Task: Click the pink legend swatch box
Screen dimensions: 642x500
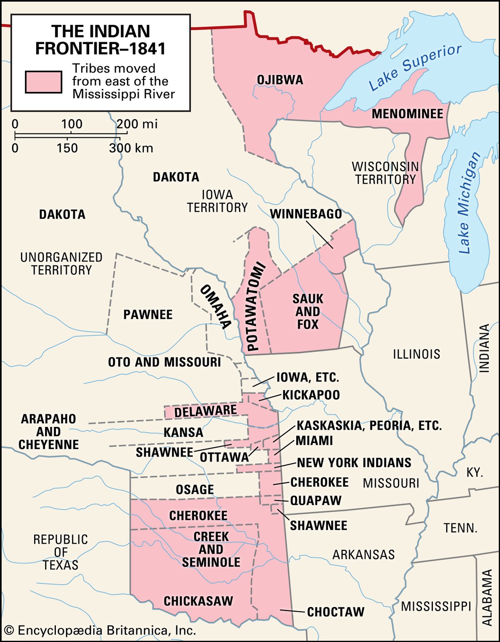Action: pos(43,82)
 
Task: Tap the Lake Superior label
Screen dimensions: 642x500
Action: pos(415,68)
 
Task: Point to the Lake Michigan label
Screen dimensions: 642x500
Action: pos(469,203)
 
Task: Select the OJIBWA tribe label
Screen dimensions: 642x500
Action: pos(280,80)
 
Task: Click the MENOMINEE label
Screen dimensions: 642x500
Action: pos(407,114)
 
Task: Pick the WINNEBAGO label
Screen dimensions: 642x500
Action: pos(306,214)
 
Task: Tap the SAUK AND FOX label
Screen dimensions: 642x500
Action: pos(307,312)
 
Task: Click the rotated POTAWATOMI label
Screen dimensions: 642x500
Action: pos(255,306)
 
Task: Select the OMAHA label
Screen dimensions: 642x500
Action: pos(215,307)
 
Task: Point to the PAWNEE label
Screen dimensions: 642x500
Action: pos(148,315)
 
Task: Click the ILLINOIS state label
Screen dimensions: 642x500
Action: pos(416,354)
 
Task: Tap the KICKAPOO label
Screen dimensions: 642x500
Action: pos(311,395)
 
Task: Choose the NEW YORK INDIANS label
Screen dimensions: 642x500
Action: pos(354,463)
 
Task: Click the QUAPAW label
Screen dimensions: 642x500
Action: pos(315,501)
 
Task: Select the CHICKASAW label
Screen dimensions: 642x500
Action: pos(198,601)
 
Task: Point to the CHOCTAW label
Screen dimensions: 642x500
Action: pos(335,612)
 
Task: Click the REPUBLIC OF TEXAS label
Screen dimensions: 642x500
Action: pos(61,552)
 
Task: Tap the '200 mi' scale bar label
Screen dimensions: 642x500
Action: pos(137,124)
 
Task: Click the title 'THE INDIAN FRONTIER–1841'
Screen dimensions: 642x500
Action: pos(100,40)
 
